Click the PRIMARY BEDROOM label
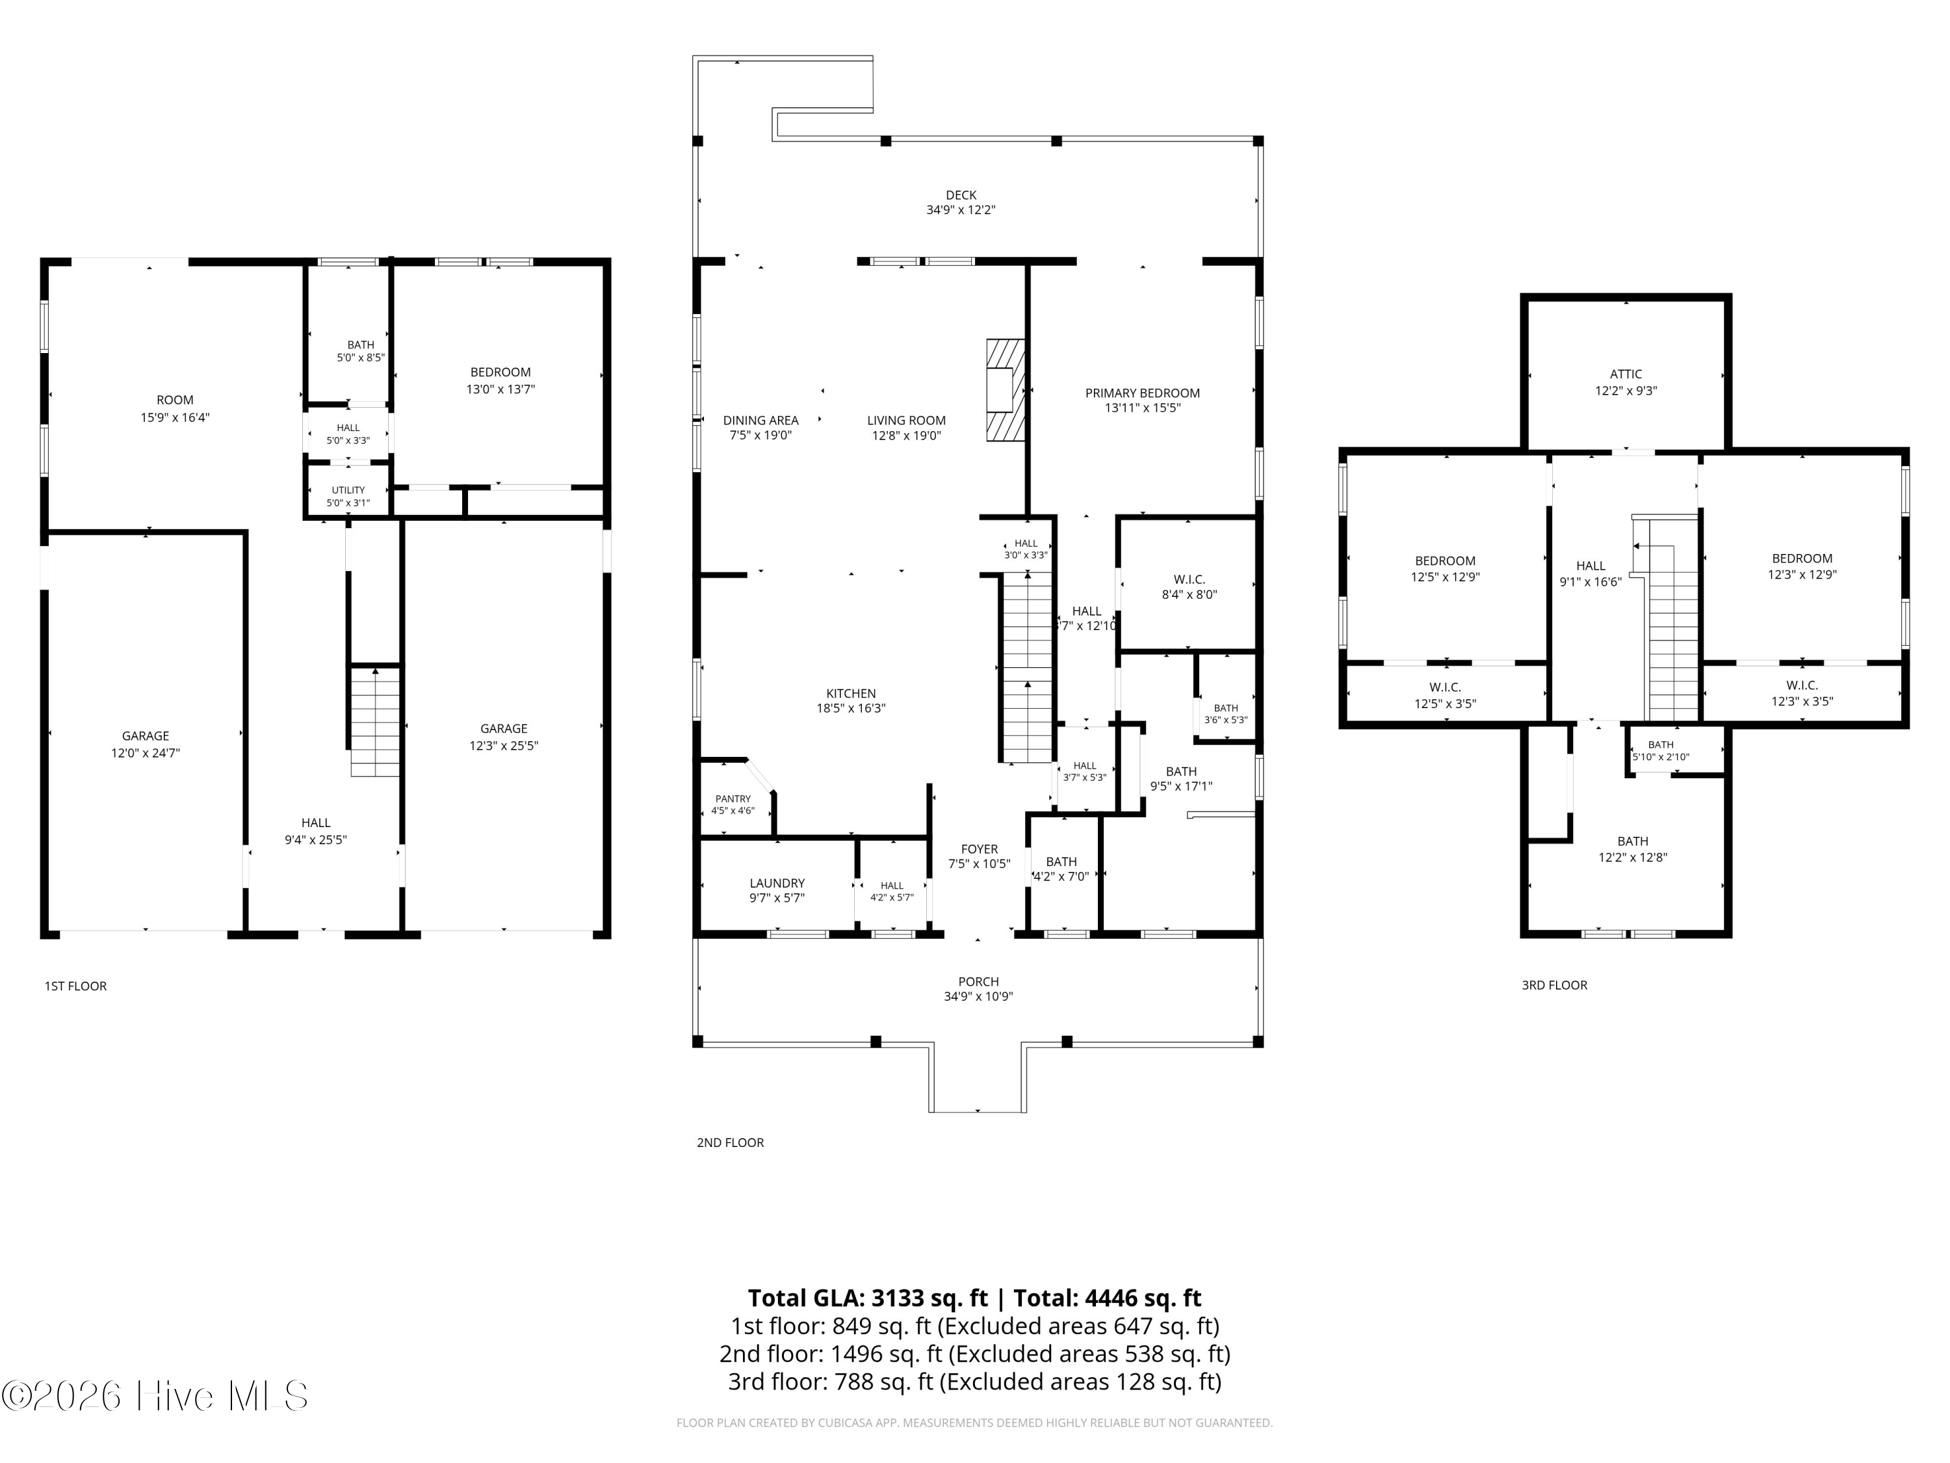1143,393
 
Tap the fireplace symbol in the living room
1006,389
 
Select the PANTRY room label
733,799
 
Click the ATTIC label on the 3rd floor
1626,374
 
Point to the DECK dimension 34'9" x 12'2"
961,210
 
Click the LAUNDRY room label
777,883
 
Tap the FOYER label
980,849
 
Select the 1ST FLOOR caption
76,986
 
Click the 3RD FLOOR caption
1554,985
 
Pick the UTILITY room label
348,490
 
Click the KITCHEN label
851,693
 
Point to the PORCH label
978,981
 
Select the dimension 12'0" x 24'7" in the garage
146,753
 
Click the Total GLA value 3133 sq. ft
929,1298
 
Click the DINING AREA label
760,421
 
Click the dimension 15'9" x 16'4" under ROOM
175,417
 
